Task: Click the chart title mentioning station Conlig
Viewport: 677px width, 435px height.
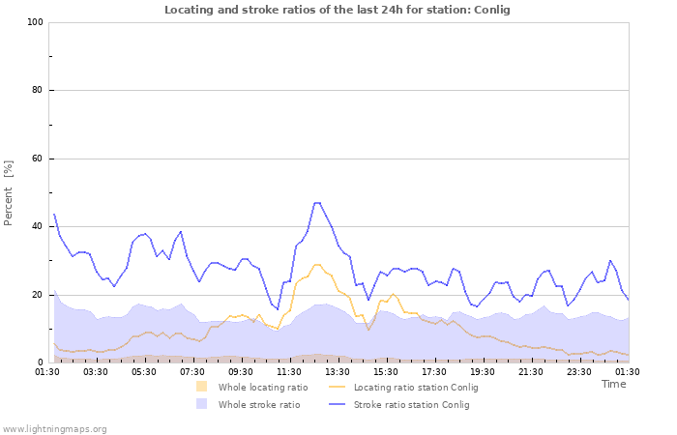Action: (338, 10)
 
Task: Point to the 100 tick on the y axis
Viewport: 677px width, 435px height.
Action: (35, 22)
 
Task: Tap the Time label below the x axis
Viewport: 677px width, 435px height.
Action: (613, 384)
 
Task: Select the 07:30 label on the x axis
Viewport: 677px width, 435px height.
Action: (192, 371)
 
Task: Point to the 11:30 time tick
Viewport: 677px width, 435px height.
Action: (289, 371)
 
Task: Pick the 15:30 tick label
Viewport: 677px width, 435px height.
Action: (386, 371)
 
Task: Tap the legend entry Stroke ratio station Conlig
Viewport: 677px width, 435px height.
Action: (411, 405)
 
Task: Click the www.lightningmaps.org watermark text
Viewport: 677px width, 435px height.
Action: (55, 428)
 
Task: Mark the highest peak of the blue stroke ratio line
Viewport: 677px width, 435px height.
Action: (316, 203)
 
